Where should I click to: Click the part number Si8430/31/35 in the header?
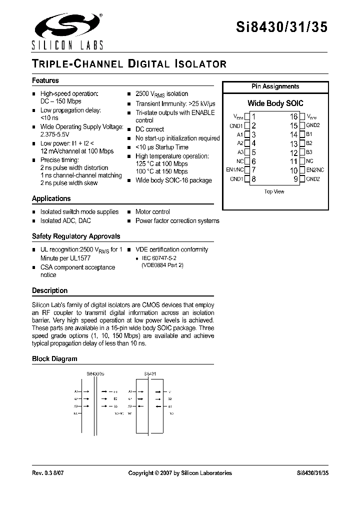tap(281, 27)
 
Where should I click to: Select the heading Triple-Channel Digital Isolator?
tap(129, 64)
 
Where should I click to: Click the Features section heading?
tap(45, 80)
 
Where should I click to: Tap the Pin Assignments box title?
tap(275, 86)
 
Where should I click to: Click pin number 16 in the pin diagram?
tap(293, 116)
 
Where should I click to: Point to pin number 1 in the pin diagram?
tap(253, 116)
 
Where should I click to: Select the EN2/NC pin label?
tap(315, 170)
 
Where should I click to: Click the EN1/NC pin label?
tap(234, 170)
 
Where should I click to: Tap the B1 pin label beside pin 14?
tap(309, 134)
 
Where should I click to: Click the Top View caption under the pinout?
tap(274, 191)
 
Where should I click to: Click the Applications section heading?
tap(51, 198)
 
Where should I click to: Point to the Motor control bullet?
tap(152, 212)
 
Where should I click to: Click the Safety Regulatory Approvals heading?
tap(76, 236)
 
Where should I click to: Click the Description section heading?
tap(49, 290)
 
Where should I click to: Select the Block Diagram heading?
tap(54, 358)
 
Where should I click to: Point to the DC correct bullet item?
tap(149, 129)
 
